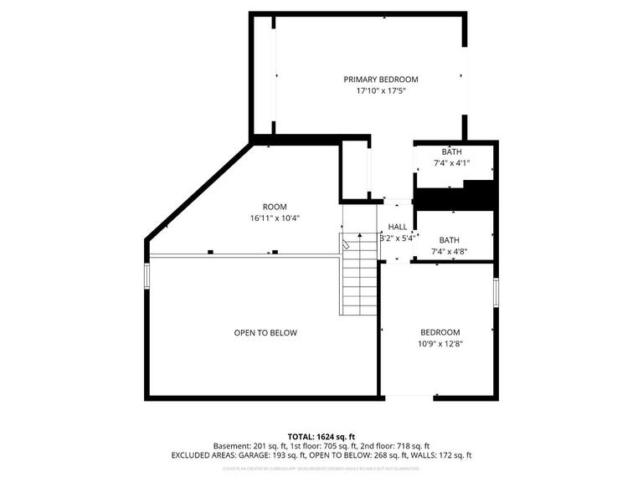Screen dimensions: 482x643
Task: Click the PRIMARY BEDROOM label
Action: click(x=380, y=79)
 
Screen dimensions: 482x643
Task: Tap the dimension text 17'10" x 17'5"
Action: click(x=380, y=91)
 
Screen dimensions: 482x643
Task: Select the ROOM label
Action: click(x=275, y=207)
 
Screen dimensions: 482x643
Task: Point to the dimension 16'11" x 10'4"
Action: click(x=275, y=218)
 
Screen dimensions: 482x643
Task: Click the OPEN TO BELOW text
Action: click(x=265, y=333)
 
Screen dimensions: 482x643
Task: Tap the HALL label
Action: click(x=398, y=227)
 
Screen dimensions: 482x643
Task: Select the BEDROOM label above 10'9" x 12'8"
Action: click(x=440, y=331)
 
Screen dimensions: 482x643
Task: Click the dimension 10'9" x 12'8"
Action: click(x=440, y=343)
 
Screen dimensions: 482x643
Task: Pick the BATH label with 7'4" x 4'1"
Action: click(x=451, y=151)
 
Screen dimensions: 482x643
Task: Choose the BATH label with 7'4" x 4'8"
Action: click(x=450, y=239)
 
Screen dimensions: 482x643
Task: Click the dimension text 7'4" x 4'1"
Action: click(x=451, y=163)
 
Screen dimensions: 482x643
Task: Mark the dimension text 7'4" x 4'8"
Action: click(x=450, y=251)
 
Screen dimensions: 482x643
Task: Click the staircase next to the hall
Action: click(x=359, y=275)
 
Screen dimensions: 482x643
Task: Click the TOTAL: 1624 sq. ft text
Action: click(x=321, y=437)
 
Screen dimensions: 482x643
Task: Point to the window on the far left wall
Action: click(x=147, y=277)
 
